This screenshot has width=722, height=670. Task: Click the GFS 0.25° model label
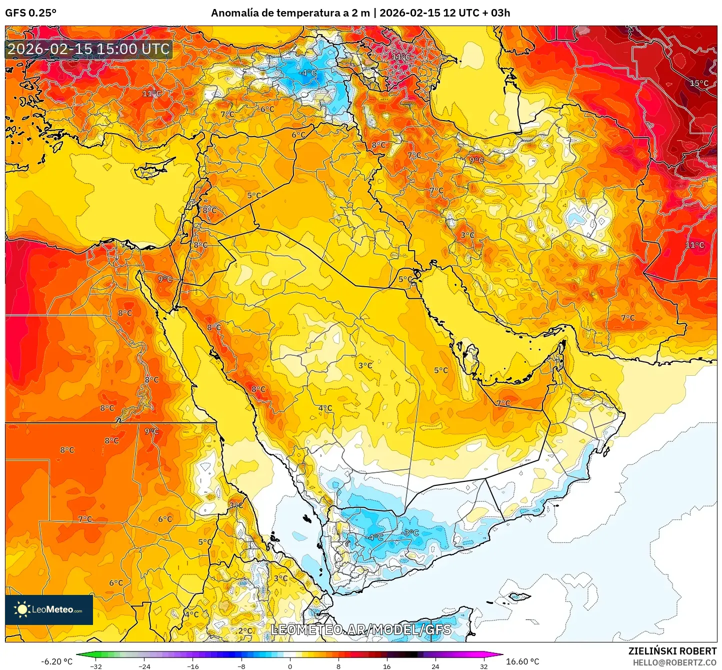click(x=30, y=13)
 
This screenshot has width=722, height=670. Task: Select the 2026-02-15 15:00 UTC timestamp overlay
click(x=88, y=49)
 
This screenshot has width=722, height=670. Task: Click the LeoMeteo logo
click(x=49, y=609)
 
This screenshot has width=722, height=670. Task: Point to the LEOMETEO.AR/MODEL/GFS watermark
click(x=360, y=629)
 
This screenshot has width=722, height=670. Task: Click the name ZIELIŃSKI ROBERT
click(x=672, y=651)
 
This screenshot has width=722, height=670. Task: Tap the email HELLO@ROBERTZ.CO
click(x=674, y=662)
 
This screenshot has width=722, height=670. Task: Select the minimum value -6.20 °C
click(x=56, y=661)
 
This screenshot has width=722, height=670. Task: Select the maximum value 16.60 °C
click(x=522, y=661)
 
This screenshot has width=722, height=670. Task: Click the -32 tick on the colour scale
click(x=96, y=666)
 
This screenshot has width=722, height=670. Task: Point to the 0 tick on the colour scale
click(x=289, y=666)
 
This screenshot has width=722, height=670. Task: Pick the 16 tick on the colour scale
click(x=386, y=666)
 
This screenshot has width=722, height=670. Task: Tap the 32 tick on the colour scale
click(x=483, y=666)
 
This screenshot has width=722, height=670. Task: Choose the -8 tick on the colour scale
click(x=241, y=666)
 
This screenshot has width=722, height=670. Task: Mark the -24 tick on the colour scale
click(x=144, y=666)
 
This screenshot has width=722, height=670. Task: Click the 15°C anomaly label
click(x=699, y=83)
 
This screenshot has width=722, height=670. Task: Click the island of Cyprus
click(x=152, y=169)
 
